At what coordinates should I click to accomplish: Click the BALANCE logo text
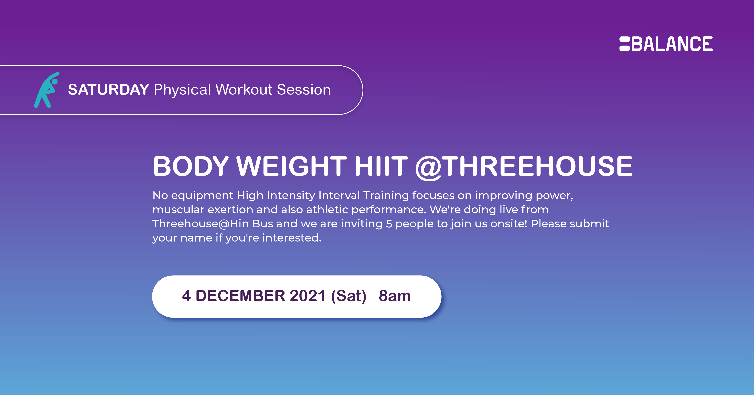pos(672,44)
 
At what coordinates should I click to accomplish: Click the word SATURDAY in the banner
pos(109,90)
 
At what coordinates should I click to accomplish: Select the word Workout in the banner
pos(244,90)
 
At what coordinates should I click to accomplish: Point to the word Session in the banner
pos(304,90)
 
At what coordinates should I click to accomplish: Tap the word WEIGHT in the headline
pos(292,166)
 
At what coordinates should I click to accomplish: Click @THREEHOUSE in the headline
pos(524,167)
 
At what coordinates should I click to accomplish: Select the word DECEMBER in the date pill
pos(240,296)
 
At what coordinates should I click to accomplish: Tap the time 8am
pos(395,296)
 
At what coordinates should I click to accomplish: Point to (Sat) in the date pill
pos(349,296)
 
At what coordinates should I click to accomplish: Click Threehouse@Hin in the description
pos(201,224)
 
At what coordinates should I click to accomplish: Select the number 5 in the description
pos(389,224)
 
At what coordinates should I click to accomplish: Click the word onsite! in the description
pos(509,224)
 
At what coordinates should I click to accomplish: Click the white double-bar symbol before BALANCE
pos(624,44)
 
